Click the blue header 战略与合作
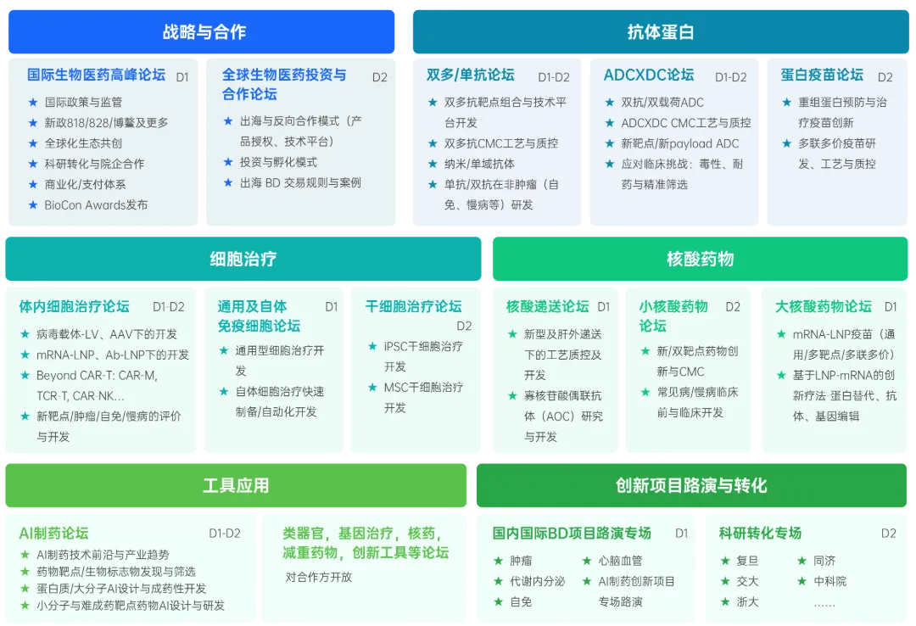tap(204, 32)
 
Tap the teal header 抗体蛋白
tap(661, 32)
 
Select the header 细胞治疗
tap(243, 259)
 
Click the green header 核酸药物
tap(700, 259)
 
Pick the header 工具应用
tap(236, 485)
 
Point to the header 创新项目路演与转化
tap(690, 485)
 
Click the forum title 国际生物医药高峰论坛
tap(96, 75)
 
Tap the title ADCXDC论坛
tap(649, 75)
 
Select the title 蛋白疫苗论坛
tap(822, 75)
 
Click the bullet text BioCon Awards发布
tap(96, 204)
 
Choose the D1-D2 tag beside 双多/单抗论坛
tap(554, 77)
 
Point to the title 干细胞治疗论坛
tap(413, 306)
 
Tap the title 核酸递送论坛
tap(547, 306)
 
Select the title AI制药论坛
tap(53, 534)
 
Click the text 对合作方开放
tap(318, 577)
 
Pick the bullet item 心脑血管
tap(620, 561)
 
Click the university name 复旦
tap(747, 561)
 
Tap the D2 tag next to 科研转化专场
tap(888, 534)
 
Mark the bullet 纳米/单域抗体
tap(479, 164)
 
